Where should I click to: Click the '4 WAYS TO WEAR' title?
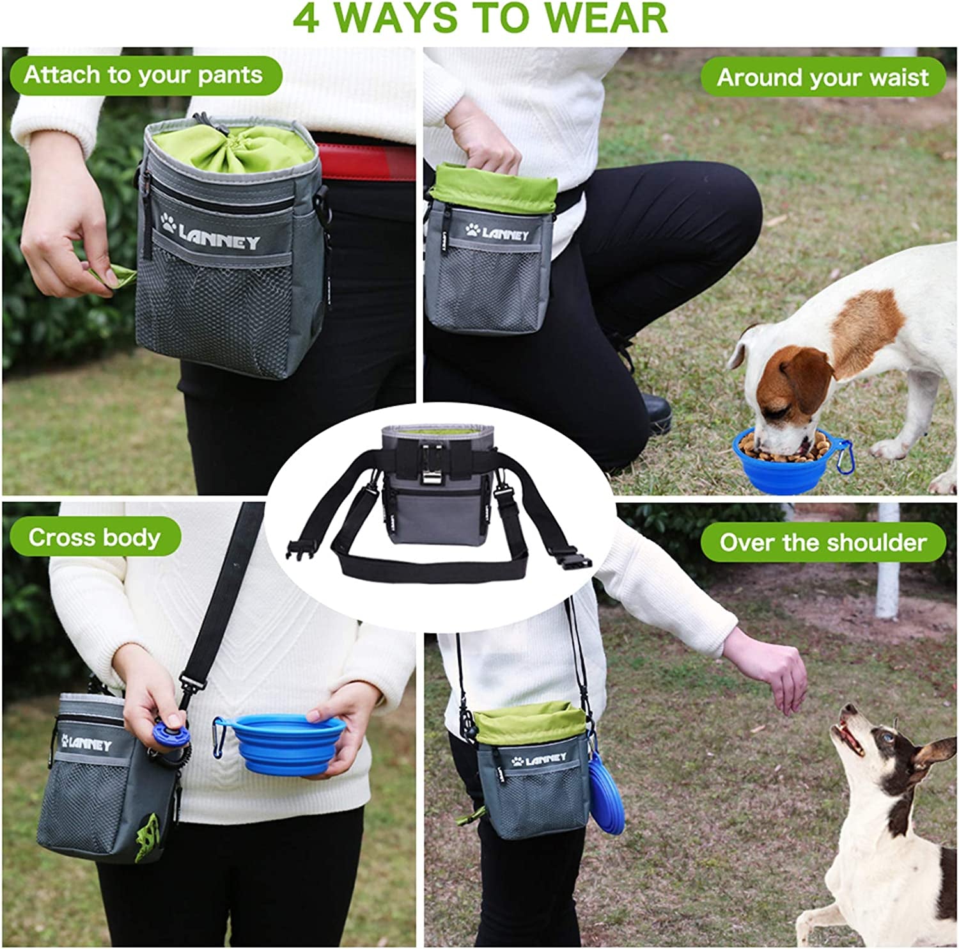click(x=479, y=19)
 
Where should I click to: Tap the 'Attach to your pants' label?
click(x=144, y=76)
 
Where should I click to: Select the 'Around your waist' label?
click(x=822, y=78)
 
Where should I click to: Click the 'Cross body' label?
click(x=94, y=538)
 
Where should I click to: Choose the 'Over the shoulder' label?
click(x=822, y=543)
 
